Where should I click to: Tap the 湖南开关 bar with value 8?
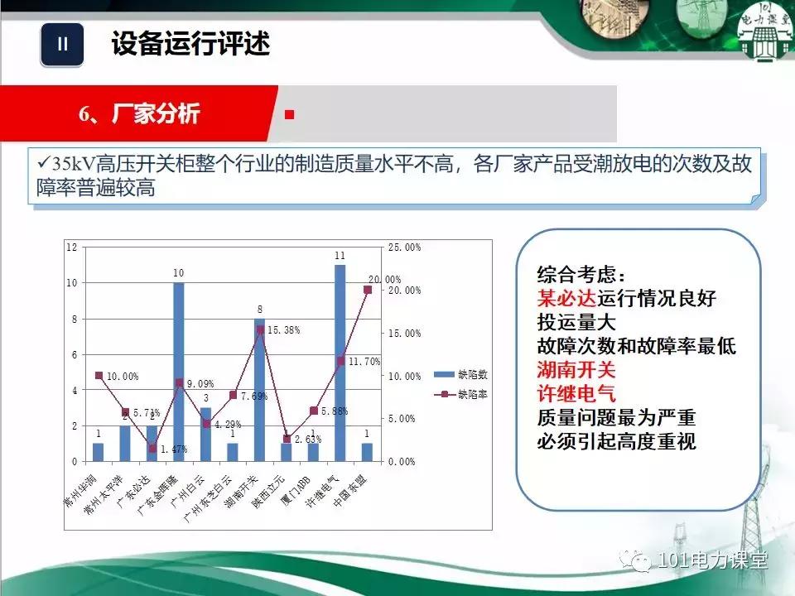point(259,389)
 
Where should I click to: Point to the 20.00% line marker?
point(367,290)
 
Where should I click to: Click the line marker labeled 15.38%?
point(259,329)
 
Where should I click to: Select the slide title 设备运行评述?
point(190,44)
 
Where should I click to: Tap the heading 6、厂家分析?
point(139,113)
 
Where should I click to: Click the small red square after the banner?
point(289,114)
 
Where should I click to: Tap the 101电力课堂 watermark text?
point(711,560)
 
